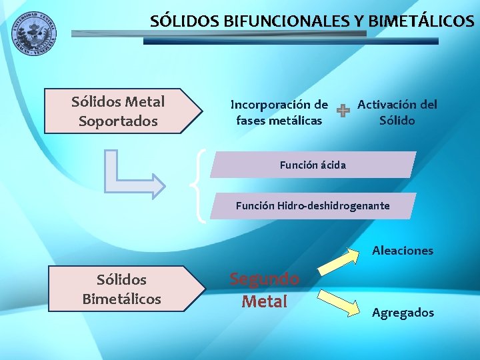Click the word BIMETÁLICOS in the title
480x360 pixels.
421,21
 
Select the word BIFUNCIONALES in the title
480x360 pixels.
278,21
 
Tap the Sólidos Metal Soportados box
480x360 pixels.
123,111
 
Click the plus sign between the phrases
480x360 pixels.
342,112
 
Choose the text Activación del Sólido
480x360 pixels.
397,112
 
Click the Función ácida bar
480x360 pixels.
313,165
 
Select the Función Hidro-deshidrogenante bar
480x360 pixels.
313,206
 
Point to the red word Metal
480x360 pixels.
264,301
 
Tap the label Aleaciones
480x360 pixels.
403,251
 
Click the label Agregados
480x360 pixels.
403,312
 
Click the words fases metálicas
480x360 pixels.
279,121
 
